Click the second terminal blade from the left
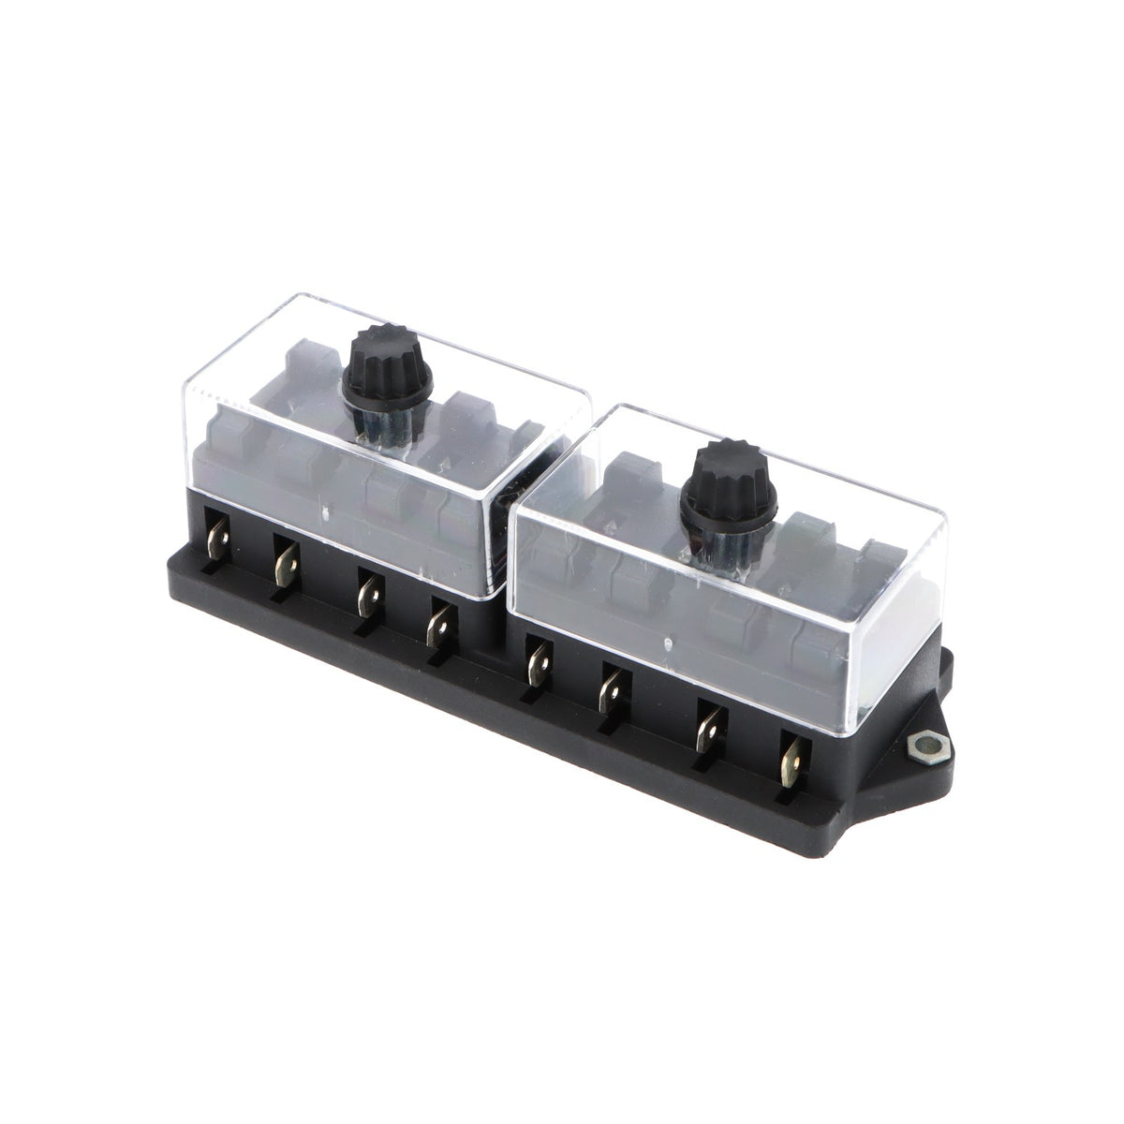tap(283, 563)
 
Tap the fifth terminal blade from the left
tap(537, 661)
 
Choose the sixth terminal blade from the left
tap(611, 690)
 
